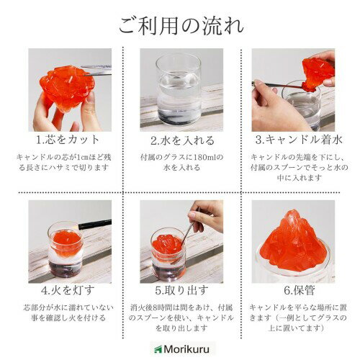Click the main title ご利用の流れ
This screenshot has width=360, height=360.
[181, 26]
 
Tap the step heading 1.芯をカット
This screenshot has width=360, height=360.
[68, 140]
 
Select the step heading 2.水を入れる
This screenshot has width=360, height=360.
[182, 140]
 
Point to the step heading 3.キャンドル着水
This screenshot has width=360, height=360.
[299, 140]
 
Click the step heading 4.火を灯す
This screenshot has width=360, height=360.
[68, 290]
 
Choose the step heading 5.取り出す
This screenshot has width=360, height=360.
[181, 290]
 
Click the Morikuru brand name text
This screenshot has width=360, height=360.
[186, 349]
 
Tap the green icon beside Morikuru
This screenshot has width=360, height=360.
[158, 349]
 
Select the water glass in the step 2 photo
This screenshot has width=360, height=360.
[178, 89]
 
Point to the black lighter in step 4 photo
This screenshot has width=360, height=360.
[95, 225]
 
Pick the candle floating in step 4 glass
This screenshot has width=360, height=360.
[66, 242]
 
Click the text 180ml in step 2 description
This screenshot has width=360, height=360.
[202, 158]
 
